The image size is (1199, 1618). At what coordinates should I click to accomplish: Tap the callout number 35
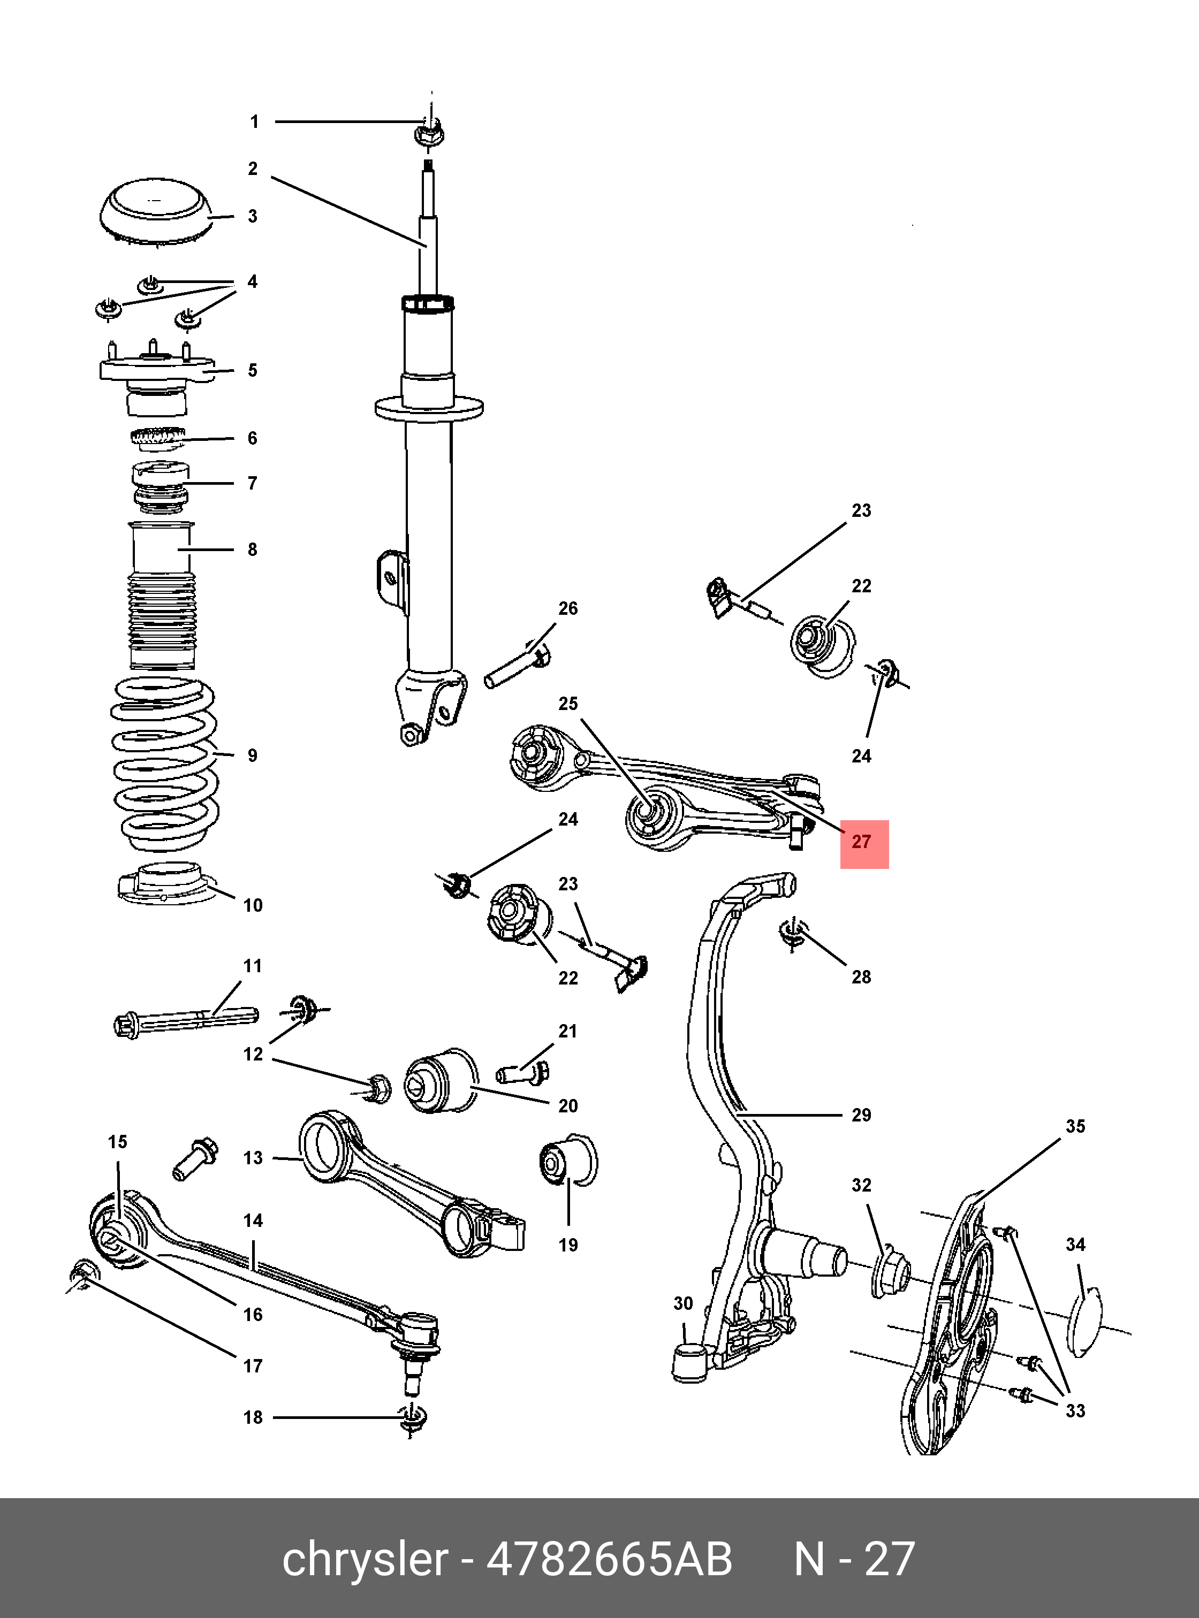point(1075,1126)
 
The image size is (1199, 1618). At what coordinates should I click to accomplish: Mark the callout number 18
point(253,1417)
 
